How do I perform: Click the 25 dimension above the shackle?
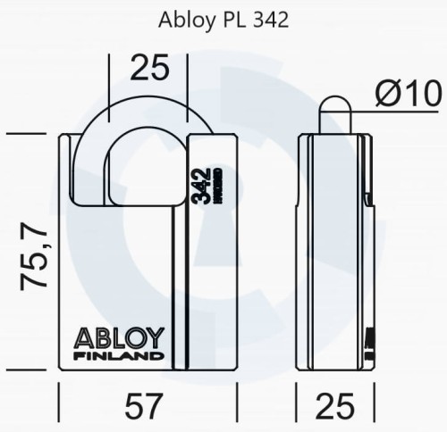[x=148, y=67]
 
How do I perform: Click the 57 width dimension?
[x=148, y=408]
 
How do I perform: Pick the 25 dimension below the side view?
[x=334, y=408]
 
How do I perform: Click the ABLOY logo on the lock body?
[x=121, y=338]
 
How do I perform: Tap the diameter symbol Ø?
[x=385, y=93]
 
